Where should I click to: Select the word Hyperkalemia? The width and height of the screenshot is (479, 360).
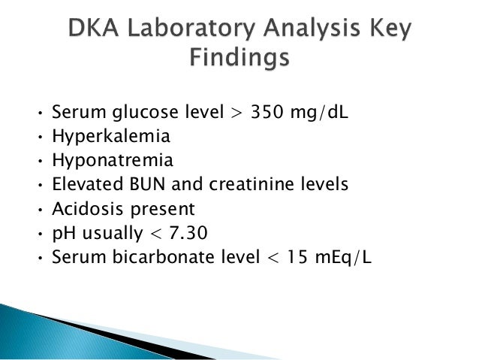(110, 137)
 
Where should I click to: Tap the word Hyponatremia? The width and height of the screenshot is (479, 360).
(111, 161)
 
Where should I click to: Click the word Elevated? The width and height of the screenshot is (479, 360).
(83, 185)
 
